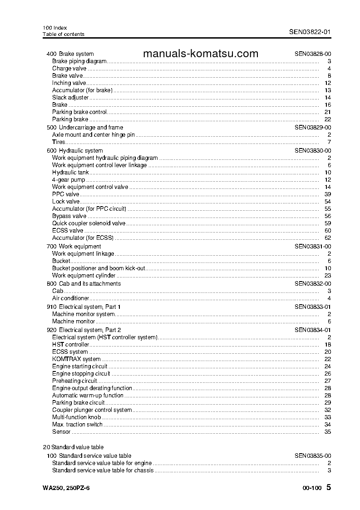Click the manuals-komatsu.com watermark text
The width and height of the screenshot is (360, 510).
(x=200, y=54)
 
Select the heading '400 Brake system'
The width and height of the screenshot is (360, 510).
(x=70, y=54)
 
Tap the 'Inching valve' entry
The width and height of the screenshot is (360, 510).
(x=69, y=83)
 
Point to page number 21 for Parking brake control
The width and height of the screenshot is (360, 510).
(x=328, y=112)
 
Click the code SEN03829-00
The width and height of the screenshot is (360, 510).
(x=312, y=128)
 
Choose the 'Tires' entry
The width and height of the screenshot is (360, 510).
(x=59, y=142)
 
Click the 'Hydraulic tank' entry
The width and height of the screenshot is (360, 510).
(x=70, y=173)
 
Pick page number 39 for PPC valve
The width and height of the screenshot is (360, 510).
(x=328, y=194)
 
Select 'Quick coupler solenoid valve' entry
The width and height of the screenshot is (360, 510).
(x=89, y=223)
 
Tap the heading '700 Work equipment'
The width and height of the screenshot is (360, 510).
(x=74, y=247)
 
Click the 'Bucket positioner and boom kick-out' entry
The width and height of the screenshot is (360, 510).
(x=99, y=268)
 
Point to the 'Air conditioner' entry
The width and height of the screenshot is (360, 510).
(x=70, y=298)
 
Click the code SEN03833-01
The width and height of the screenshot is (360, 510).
(x=312, y=307)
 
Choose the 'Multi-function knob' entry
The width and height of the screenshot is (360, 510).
(x=76, y=417)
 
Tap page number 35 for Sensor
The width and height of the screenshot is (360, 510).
(x=328, y=432)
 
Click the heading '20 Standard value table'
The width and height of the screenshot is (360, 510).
(x=73, y=447)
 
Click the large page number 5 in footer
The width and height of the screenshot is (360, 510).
(x=329, y=488)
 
